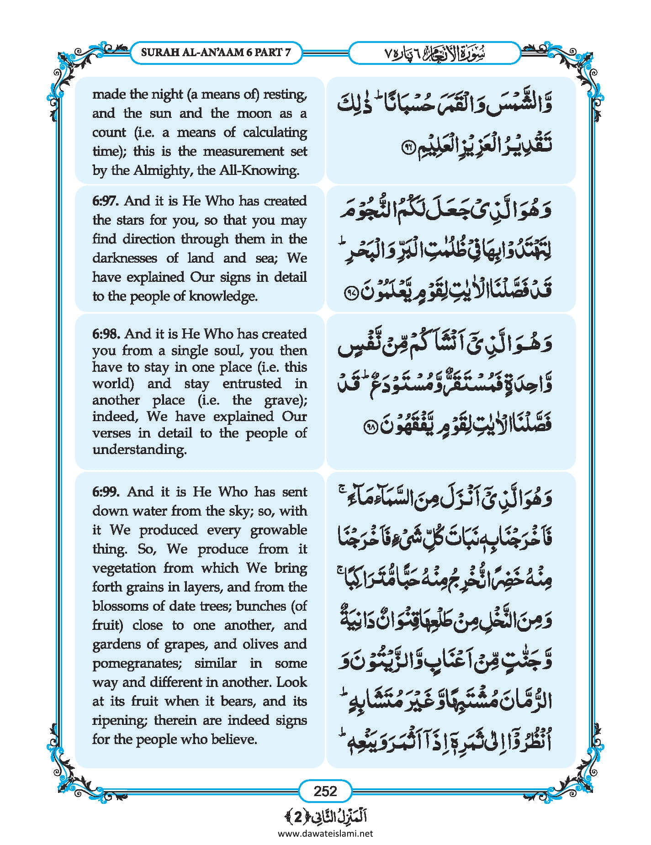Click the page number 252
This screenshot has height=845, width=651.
(x=325, y=791)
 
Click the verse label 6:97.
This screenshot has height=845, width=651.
(x=106, y=201)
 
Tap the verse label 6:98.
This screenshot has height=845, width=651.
(x=106, y=334)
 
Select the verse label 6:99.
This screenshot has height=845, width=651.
(x=106, y=492)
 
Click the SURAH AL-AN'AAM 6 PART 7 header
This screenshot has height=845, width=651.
(x=216, y=52)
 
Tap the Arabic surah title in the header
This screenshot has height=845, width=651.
(x=434, y=53)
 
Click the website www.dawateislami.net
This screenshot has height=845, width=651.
(x=325, y=833)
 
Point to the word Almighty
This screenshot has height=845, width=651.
(x=159, y=170)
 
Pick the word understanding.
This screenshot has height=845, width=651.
(x=139, y=449)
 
